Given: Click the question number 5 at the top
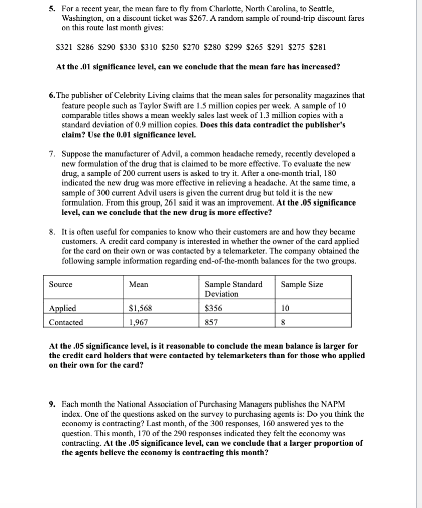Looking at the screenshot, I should (x=51, y=9).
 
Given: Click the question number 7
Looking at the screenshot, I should (x=52, y=153).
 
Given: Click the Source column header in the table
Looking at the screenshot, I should (x=60, y=285).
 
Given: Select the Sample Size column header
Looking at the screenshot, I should (x=302, y=285).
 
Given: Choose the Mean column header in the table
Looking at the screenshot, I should (x=139, y=285).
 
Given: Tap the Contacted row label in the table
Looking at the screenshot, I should (x=66, y=322).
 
